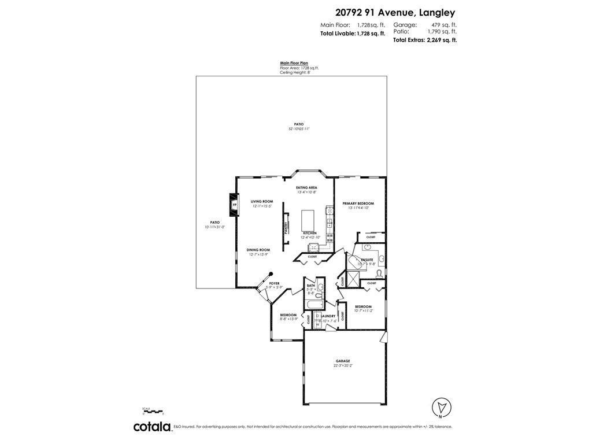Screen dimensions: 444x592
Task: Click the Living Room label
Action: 261,202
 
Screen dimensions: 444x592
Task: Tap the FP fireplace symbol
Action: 235,205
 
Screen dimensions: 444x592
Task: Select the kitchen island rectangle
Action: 306,220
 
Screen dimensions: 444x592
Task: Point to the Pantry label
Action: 286,228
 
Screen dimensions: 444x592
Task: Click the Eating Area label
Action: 306,188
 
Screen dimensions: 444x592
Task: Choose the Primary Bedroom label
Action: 358,203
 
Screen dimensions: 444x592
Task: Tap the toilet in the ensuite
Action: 379,273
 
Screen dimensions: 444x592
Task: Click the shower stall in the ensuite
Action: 352,280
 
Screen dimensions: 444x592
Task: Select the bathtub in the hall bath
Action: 314,305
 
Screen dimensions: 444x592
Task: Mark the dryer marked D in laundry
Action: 317,316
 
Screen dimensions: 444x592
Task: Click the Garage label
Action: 343,361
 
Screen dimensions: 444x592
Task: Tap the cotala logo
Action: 152,427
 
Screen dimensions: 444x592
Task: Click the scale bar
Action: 153,411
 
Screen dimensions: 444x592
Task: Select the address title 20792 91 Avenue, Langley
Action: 395,12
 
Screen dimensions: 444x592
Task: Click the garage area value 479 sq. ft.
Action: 444,25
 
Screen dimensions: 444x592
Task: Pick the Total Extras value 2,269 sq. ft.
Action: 442,40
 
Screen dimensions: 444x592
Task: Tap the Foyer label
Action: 274,283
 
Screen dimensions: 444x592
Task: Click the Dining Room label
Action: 258,250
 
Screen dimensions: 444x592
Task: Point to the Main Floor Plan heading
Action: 294,62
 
